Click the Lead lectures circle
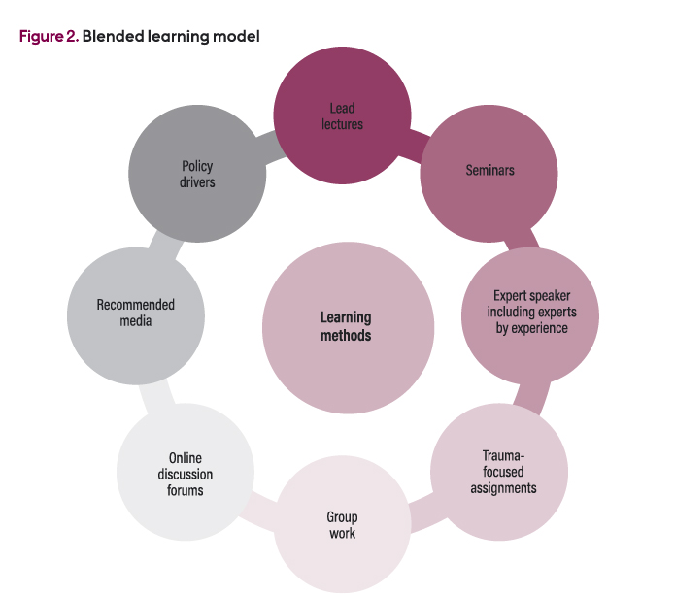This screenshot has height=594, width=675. click(342, 115)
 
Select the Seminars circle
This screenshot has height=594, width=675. click(489, 173)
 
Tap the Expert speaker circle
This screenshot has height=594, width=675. click(530, 313)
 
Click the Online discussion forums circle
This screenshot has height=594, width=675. click(186, 474)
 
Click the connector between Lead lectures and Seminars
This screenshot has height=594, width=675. click(416, 144)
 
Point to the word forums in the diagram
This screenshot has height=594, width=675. click(186, 490)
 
